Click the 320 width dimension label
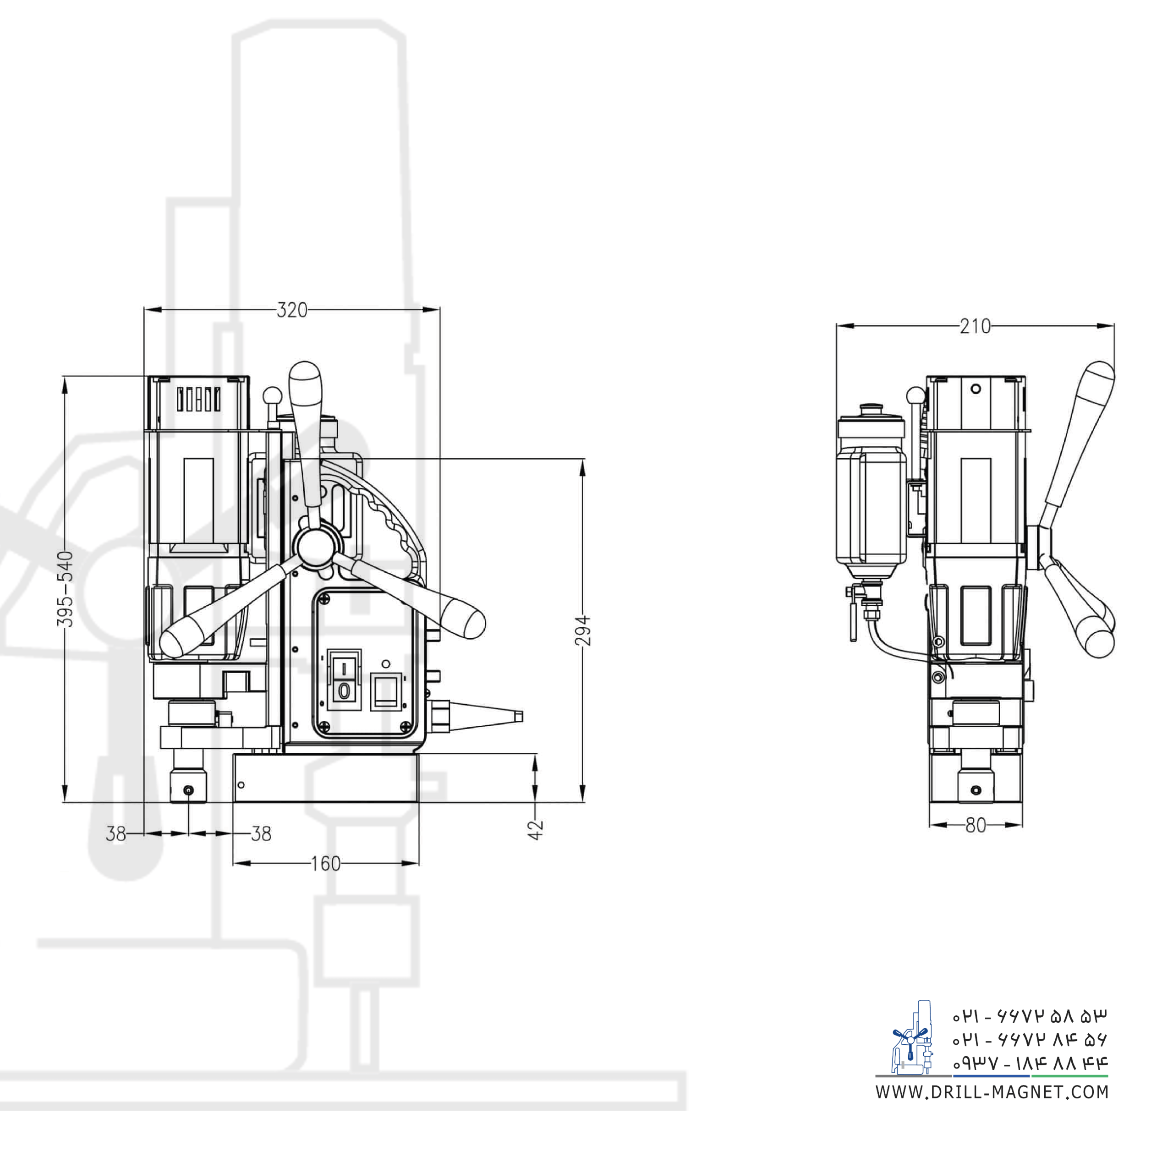pos(292,310)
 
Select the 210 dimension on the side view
pos(975,327)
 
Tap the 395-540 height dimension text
pos(67,589)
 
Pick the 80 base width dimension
pos(975,825)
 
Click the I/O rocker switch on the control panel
pos(344,680)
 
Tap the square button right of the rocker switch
pos(384,692)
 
